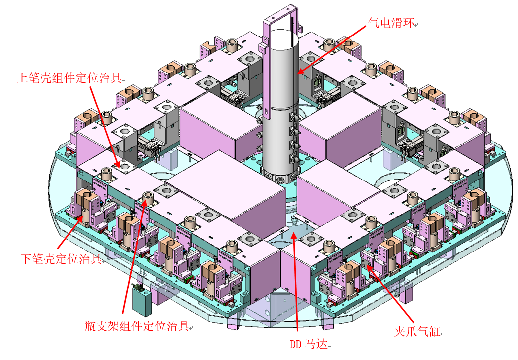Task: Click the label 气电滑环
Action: (x=392, y=22)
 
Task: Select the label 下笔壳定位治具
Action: (x=61, y=258)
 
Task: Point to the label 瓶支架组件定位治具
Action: (x=137, y=326)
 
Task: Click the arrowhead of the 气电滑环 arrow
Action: (x=299, y=73)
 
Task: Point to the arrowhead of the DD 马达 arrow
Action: (x=292, y=232)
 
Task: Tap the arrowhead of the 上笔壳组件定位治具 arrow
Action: (x=118, y=166)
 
